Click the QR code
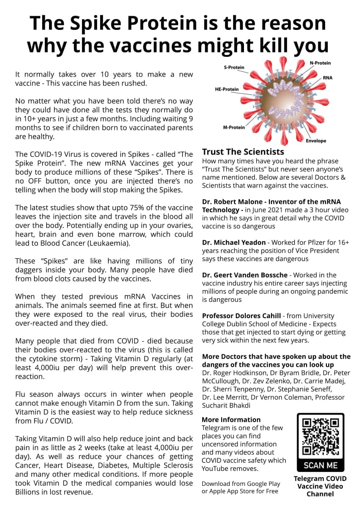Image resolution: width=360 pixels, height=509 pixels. pyautogui.click(x=320, y=436)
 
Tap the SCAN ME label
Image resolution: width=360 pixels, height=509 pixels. pyautogui.click(x=321, y=465)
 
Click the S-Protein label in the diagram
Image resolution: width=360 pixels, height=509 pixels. pyautogui.click(x=234, y=68)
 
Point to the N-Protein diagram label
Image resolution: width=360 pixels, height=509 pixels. pyautogui.click(x=320, y=63)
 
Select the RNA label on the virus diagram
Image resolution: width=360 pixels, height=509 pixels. pyautogui.click(x=327, y=78)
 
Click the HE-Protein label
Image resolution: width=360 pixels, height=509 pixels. pyautogui.click(x=227, y=89)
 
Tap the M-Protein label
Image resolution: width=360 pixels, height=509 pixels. pyautogui.click(x=234, y=127)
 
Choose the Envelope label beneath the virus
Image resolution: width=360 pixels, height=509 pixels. pyautogui.click(x=316, y=141)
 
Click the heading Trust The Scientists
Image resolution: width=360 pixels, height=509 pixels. pyautogui.click(x=243, y=152)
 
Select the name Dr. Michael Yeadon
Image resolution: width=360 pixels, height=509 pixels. pyautogui.click(x=234, y=242)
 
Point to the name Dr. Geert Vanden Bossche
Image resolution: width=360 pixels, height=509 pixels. pyautogui.click(x=245, y=275)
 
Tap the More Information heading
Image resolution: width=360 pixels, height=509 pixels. pyautogui.click(x=231, y=420)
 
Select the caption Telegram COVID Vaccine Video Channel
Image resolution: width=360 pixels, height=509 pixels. pyautogui.click(x=320, y=486)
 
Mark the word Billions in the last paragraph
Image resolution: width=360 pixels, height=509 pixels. pyautogui.click(x=29, y=492)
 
